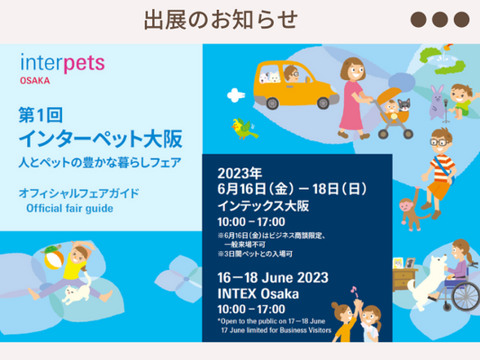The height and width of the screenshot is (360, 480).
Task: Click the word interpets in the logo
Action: pos(62,63)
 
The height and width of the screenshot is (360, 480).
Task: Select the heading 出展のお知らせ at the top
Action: pos(220,19)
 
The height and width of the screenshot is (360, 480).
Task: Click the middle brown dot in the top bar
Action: pos(439,20)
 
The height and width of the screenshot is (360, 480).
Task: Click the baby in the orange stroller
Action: pos(394,108)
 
